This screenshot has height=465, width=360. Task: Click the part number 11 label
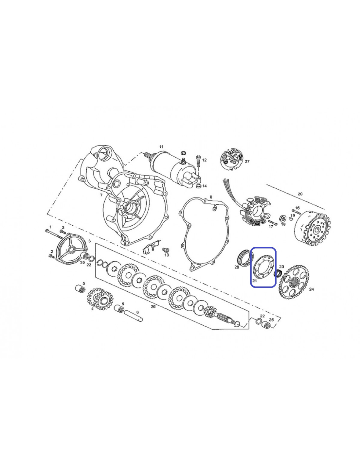(161, 146)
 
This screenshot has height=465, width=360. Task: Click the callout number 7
(101, 195)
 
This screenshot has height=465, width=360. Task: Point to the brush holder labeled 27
(232, 160)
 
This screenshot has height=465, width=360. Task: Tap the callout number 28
(237, 267)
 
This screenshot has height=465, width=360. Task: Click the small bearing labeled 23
(278, 273)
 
